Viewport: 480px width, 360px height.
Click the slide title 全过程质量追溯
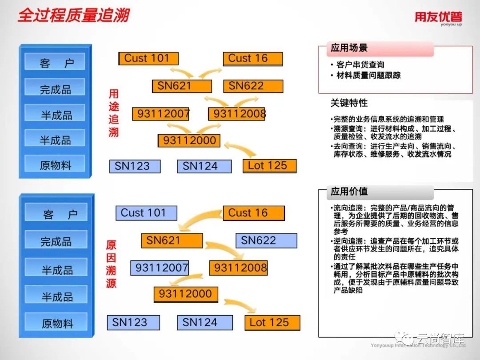tap(74, 16)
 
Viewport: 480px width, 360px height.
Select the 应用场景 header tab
tap(349, 48)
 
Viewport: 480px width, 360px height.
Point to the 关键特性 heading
tap(349, 103)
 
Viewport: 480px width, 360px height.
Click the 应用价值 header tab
tap(349, 192)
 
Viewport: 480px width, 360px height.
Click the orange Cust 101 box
tap(148, 58)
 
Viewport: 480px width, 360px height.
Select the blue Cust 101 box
tap(146, 213)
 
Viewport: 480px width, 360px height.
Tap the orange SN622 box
tap(253, 86)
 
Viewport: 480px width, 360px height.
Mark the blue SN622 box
tap(266, 240)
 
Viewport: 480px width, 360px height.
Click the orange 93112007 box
tap(161, 114)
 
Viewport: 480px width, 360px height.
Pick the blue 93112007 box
tap(159, 268)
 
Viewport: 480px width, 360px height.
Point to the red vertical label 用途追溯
tap(114, 113)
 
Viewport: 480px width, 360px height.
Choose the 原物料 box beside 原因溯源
tap(56, 323)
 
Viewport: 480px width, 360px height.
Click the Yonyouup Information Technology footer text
tap(418, 345)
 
